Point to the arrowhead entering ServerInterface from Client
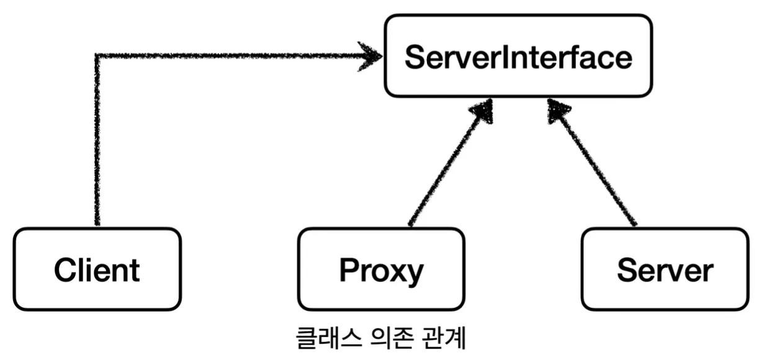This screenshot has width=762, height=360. tap(371, 56)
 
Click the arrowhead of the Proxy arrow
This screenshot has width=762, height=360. tap(482, 114)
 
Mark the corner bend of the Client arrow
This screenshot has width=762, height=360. tap(97, 56)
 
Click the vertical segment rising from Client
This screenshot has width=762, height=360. tap(97, 143)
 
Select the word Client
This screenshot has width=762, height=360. tap(97, 271)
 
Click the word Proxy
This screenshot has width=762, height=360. tap(381, 271)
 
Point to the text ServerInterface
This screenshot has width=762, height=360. tap(518, 57)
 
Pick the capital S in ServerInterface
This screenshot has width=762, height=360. tap(415, 57)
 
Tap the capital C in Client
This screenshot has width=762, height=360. tap(65, 271)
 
